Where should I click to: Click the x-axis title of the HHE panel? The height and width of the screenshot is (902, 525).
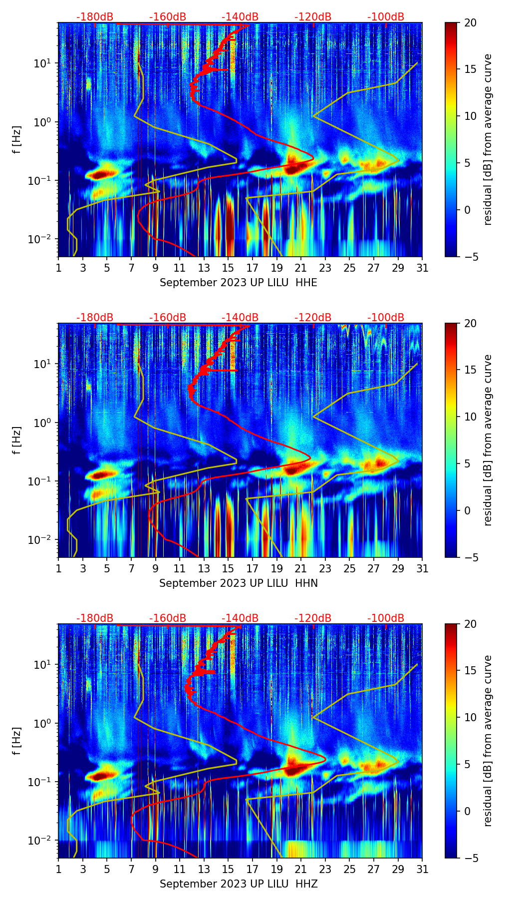click(x=239, y=283)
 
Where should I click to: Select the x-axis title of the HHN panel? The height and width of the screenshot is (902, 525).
click(x=239, y=583)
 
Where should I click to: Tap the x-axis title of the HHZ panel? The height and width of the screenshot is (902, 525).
click(x=239, y=884)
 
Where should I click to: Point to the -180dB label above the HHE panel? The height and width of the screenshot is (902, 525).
click(x=95, y=17)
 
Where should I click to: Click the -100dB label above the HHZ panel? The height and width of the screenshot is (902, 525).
click(x=386, y=618)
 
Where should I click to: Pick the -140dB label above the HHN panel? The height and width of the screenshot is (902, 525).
click(x=240, y=318)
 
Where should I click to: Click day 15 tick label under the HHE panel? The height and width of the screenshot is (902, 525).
click(x=228, y=268)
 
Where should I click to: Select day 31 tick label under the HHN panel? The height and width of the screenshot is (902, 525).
click(x=422, y=568)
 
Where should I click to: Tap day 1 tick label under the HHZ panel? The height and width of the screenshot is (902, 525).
click(x=58, y=869)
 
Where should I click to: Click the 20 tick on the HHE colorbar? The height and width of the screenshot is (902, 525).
click(x=470, y=23)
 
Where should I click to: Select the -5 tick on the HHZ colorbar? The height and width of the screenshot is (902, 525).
click(x=470, y=858)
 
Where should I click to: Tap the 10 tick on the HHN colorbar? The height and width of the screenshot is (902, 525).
click(x=470, y=417)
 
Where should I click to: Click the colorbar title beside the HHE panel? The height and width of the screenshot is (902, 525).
click(x=488, y=139)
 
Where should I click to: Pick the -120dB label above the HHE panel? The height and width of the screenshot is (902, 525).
click(x=313, y=17)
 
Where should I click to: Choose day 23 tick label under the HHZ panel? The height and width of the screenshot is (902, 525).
click(x=325, y=869)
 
